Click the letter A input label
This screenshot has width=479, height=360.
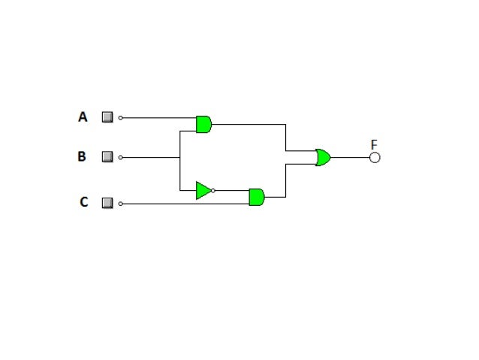[x=83, y=117]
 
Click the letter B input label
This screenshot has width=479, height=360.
[x=82, y=157]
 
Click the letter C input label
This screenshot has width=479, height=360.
[x=83, y=202]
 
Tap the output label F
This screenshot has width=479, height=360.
[x=374, y=144]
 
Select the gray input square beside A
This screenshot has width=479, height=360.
[x=107, y=117]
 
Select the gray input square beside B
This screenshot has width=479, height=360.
[x=107, y=157]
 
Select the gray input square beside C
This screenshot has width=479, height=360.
[x=107, y=203]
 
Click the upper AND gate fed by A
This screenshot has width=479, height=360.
[x=203, y=124]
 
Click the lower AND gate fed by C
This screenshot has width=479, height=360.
[x=256, y=197]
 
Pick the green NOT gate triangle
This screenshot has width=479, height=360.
[x=203, y=190]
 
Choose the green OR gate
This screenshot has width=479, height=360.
[x=323, y=157]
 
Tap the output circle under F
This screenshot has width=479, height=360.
[x=375, y=157]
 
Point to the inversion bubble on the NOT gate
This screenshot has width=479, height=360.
[x=213, y=190]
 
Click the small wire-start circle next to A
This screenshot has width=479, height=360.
[x=121, y=118]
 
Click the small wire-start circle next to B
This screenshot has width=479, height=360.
[x=121, y=158]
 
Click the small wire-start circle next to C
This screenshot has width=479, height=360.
[x=121, y=204]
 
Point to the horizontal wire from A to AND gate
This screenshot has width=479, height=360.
[x=158, y=118]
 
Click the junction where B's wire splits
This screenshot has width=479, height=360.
[x=179, y=158]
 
